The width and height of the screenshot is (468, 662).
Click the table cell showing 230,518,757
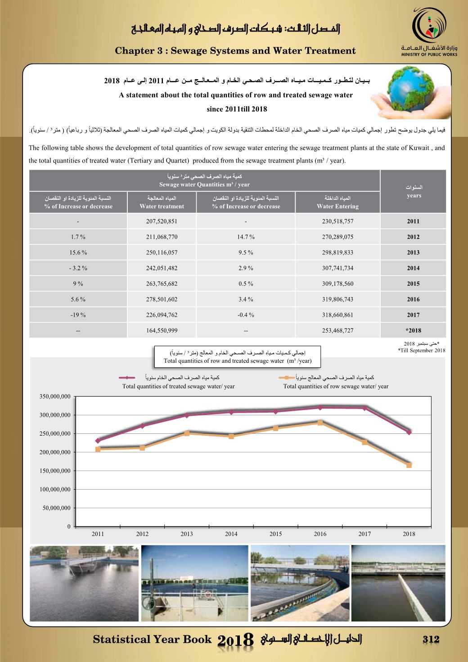(x=337, y=221)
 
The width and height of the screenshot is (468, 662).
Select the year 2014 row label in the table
(x=413, y=268)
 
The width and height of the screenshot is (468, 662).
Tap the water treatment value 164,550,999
(x=162, y=330)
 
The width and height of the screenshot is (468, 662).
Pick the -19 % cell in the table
(x=78, y=315)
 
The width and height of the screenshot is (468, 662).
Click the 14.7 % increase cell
(x=246, y=237)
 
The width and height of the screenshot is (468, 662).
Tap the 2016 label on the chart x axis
(x=320, y=534)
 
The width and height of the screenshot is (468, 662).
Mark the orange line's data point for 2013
(x=187, y=433)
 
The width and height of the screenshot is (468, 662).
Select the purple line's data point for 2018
(x=409, y=432)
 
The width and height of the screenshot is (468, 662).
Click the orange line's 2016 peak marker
(x=320, y=423)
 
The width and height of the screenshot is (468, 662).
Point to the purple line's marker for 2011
(x=98, y=441)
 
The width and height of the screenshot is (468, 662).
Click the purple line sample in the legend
(x=127, y=378)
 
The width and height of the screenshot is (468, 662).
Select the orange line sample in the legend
(x=287, y=378)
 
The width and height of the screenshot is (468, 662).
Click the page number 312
(x=431, y=639)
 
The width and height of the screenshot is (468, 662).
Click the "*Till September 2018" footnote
(x=422, y=350)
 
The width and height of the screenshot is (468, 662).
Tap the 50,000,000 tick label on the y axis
(x=57, y=508)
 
